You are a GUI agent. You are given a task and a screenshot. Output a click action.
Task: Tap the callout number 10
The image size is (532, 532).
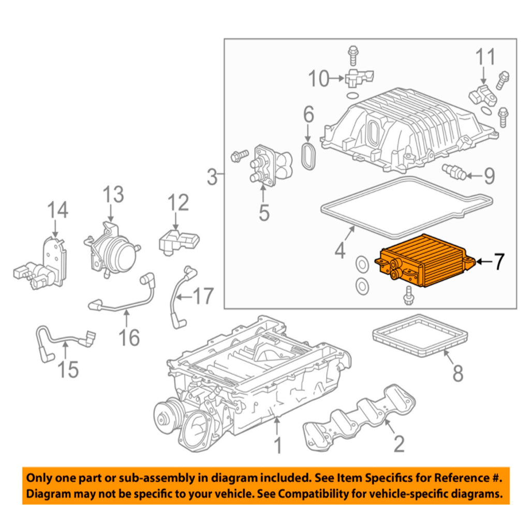pyautogui.click(x=319, y=79)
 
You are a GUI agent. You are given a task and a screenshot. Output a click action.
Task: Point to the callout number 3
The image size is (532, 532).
pyautogui.click(x=212, y=178)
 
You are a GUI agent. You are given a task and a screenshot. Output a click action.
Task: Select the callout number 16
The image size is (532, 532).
pyautogui.click(x=129, y=337)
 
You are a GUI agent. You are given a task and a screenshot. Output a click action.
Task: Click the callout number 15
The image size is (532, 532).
pyautogui.click(x=68, y=368)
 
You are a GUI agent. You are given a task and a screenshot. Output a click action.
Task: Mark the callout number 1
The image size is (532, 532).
pyautogui.click(x=278, y=445)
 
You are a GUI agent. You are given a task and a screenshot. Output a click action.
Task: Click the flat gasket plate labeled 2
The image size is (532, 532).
pyautogui.click(x=357, y=414)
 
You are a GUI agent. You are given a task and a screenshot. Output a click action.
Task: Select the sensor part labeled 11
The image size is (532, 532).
pyautogui.click(x=483, y=95)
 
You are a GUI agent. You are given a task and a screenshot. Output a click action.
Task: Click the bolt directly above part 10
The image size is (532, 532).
pyautogui.click(x=353, y=51)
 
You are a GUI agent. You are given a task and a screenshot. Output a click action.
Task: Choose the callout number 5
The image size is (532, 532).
pyautogui.click(x=264, y=212)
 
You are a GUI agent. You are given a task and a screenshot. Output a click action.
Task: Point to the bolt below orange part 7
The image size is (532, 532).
pyautogui.click(x=408, y=295)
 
